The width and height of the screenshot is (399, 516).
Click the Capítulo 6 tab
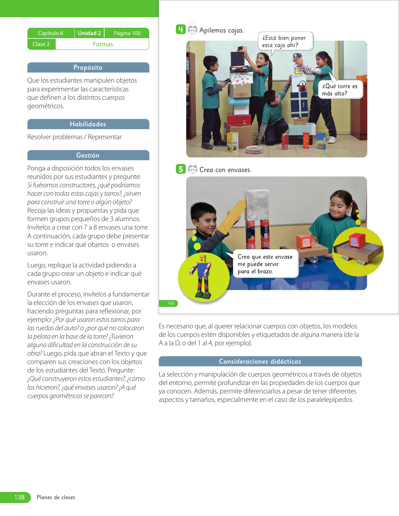[x=51, y=33]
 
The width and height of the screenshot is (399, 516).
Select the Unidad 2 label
[x=89, y=33]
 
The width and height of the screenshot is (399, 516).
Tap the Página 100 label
[x=127, y=33]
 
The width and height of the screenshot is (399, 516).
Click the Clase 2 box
[x=41, y=44]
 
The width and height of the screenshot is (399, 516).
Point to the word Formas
[x=103, y=44]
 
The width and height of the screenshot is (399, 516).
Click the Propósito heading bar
[x=88, y=68]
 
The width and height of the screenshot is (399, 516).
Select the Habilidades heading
[x=88, y=124]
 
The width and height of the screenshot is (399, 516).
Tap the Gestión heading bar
[x=88, y=155]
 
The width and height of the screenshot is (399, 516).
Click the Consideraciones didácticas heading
[x=260, y=362]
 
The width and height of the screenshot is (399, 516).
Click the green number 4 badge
[x=181, y=29]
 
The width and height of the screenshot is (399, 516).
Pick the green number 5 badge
[x=181, y=169]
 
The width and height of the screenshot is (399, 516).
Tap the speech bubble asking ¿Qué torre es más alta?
[x=340, y=90]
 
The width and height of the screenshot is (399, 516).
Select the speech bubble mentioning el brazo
[x=265, y=264]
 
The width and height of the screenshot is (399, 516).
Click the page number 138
[x=19, y=497]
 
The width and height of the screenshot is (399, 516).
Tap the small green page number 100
[x=171, y=303]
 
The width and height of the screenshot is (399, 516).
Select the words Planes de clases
[x=56, y=498]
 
